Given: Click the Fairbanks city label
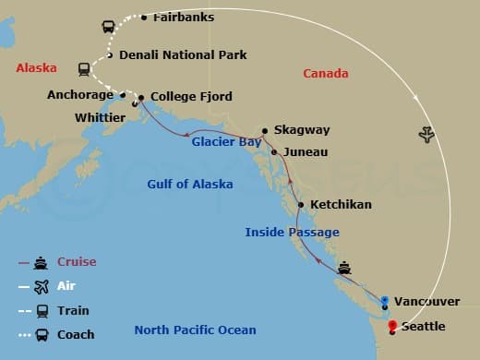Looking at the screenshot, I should click(x=183, y=17).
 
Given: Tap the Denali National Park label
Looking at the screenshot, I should click(x=183, y=55).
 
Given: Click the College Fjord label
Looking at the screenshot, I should click(x=191, y=96).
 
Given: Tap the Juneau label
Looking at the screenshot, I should click(x=304, y=151).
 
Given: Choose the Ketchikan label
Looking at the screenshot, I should click(x=341, y=204).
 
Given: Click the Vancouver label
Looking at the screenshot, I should click(x=426, y=302).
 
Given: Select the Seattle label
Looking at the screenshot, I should click(x=423, y=327).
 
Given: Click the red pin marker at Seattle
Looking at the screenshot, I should click(x=393, y=325).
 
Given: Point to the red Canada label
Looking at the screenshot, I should click(x=326, y=73).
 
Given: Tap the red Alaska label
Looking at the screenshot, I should click(x=36, y=68).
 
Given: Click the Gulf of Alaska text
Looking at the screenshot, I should click(x=189, y=184).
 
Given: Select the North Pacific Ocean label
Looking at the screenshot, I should click(x=195, y=330).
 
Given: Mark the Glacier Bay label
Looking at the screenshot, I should click(x=226, y=142).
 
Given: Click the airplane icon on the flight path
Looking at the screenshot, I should click(x=426, y=136).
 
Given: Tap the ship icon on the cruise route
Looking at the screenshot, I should click(x=344, y=268).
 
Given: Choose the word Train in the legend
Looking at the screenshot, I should click(x=73, y=310).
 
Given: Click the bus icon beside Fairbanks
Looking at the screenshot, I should click(x=107, y=27).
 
